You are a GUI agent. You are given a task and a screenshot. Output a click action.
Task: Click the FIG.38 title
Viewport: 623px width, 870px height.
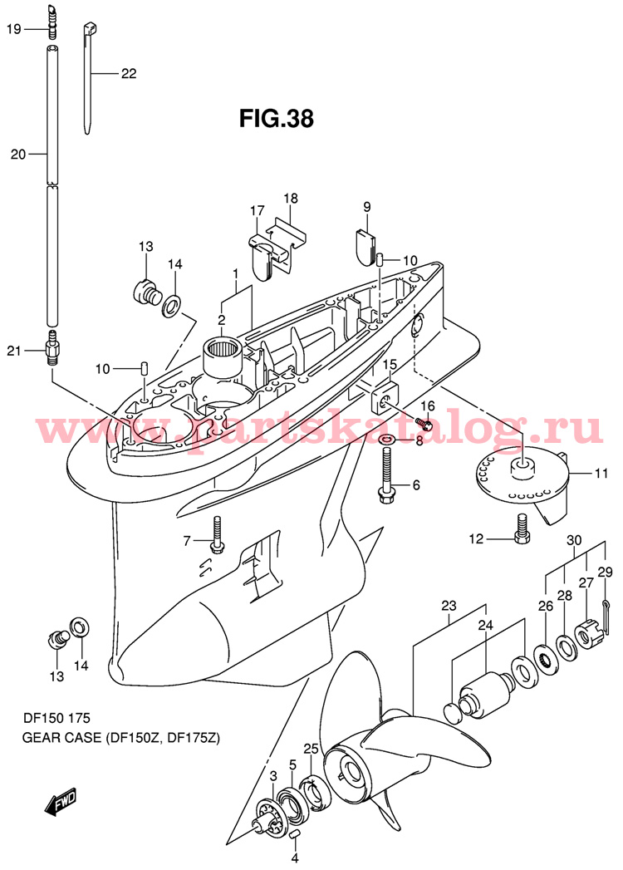[x=277, y=119]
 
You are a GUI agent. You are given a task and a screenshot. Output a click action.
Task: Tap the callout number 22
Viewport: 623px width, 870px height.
[x=127, y=73]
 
